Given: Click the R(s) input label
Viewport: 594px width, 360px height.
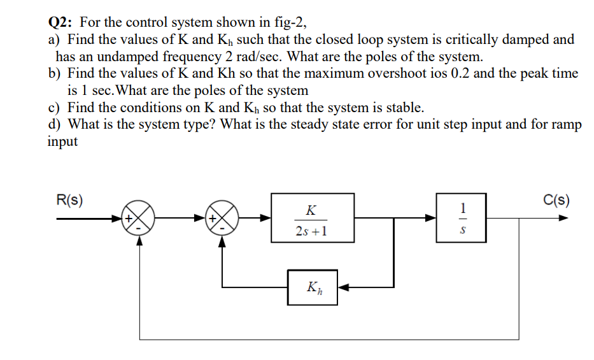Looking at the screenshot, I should [x=69, y=199].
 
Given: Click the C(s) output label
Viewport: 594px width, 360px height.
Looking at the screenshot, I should [x=557, y=199].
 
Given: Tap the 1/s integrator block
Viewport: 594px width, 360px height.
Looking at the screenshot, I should [x=463, y=218].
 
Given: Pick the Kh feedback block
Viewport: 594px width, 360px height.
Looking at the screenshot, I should [x=312, y=287].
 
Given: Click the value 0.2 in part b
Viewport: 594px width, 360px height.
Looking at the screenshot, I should [x=461, y=73].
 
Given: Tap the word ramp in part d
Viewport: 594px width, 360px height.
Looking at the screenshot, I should [x=566, y=125].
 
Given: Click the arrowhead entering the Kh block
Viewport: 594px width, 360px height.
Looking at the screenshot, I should [x=342, y=287].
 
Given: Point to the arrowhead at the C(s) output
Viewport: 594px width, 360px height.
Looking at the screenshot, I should [x=562, y=218].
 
